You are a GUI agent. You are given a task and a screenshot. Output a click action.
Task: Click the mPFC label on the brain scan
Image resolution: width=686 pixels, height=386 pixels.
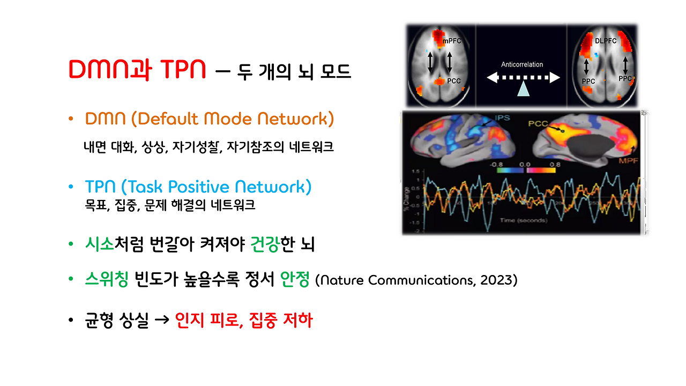pos(451,41)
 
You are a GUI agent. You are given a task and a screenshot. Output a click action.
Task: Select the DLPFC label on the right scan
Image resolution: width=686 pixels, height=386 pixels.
pos(606,41)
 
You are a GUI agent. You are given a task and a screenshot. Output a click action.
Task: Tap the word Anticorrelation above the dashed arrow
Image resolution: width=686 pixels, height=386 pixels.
pos(521,64)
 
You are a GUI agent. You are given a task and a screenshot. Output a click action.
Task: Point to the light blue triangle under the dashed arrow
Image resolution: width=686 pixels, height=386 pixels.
pos(523,90)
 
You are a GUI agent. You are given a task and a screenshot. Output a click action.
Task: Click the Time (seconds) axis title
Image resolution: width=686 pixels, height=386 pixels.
pos(523,220)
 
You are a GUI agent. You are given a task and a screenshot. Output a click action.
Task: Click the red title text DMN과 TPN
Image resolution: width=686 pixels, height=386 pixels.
pos(137,70)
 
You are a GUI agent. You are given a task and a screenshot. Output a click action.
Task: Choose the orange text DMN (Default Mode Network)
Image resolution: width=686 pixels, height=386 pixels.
pos(209,118)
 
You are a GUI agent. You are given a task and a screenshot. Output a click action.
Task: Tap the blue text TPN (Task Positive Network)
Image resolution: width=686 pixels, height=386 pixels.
pos(198,187)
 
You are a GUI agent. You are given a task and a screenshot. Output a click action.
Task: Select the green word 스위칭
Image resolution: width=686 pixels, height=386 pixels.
pos(107,280)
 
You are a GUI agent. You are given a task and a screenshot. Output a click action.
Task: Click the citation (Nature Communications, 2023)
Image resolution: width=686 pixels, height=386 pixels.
pos(416,280)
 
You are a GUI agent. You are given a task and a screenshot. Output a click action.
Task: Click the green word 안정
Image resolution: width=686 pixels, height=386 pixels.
pos(295,280)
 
